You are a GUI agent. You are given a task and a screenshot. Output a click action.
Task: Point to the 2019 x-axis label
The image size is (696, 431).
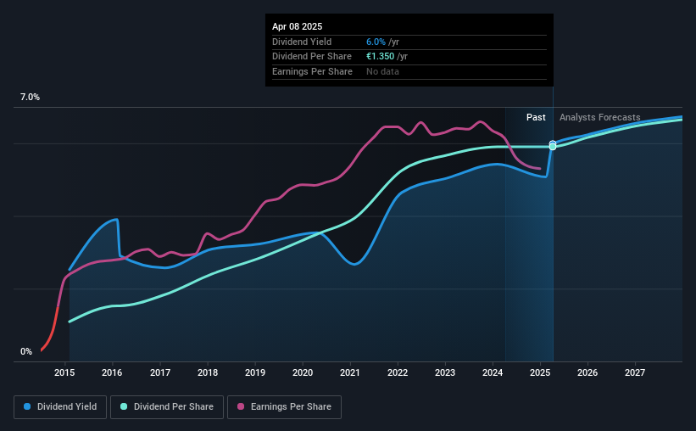[255, 372]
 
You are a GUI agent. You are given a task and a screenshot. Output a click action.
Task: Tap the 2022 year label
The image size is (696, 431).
[398, 372]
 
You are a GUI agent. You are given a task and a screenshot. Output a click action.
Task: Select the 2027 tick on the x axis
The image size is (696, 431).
[635, 372]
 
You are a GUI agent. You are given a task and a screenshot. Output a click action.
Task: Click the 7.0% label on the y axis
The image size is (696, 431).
[30, 98]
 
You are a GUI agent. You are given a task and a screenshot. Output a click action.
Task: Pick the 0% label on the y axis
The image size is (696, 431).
[26, 351]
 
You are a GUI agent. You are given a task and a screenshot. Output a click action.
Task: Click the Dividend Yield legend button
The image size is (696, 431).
[60, 407]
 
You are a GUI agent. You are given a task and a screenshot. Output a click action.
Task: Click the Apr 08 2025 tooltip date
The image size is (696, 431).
[298, 27]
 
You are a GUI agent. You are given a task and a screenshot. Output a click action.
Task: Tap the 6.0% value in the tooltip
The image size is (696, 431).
[376, 42]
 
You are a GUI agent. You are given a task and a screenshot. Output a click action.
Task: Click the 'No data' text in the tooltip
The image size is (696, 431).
[382, 71]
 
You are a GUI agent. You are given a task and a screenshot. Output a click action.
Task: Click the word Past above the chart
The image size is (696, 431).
[536, 117]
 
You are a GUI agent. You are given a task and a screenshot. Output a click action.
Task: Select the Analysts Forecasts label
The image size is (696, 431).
[599, 117]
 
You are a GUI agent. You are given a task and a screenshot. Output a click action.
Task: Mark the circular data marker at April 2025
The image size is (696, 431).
[553, 145]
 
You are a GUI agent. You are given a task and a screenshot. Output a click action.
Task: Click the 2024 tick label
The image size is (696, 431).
[493, 372]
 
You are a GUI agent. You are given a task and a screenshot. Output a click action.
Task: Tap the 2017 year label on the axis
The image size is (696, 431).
[160, 372]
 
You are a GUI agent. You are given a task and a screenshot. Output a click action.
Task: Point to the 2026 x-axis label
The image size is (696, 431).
[587, 372]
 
